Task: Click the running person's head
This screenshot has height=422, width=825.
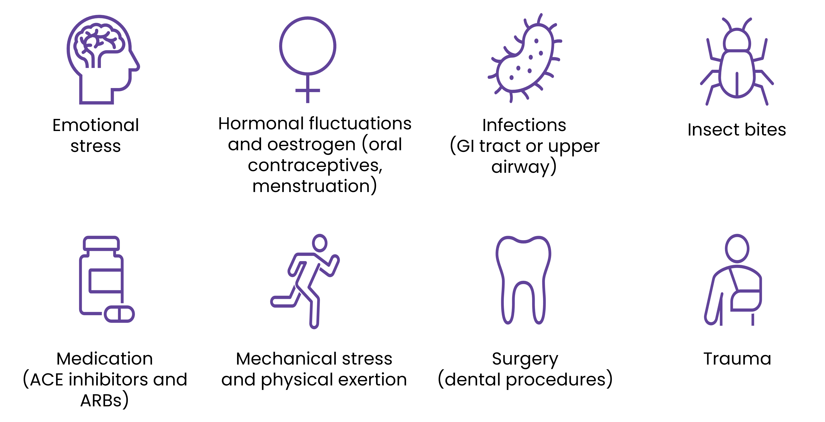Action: (320, 243)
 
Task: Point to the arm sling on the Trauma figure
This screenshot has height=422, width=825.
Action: (746, 301)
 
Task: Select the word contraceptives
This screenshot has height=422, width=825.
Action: (315, 166)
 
